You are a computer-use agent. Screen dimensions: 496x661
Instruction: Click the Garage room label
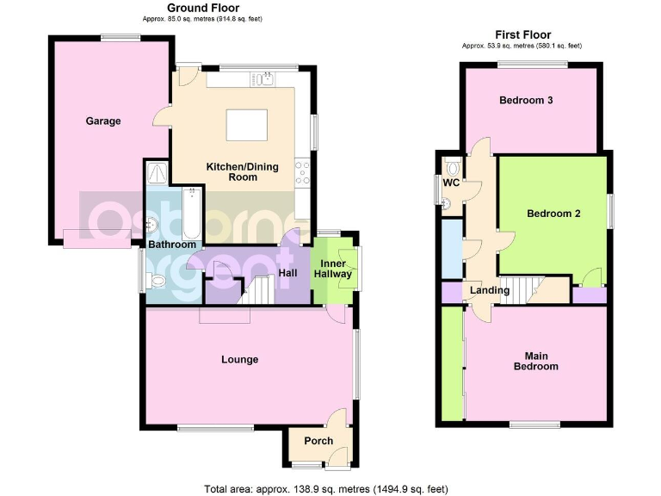(x=102, y=121)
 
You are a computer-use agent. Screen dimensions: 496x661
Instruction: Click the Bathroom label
(x=172, y=245)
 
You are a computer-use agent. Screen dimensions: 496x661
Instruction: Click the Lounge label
(x=239, y=359)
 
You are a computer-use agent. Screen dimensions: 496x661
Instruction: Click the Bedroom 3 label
(x=526, y=100)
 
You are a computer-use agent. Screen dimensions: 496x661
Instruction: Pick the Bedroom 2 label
(x=553, y=214)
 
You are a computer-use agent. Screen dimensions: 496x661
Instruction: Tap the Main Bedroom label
(x=542, y=360)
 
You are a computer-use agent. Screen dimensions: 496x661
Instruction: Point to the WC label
(x=450, y=183)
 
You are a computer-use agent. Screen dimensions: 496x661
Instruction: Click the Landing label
(x=490, y=290)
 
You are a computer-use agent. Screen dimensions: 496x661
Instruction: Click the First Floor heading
(x=522, y=34)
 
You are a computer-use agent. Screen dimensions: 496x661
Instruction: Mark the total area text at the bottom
(x=325, y=488)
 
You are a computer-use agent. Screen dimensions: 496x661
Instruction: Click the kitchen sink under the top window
(x=262, y=80)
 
